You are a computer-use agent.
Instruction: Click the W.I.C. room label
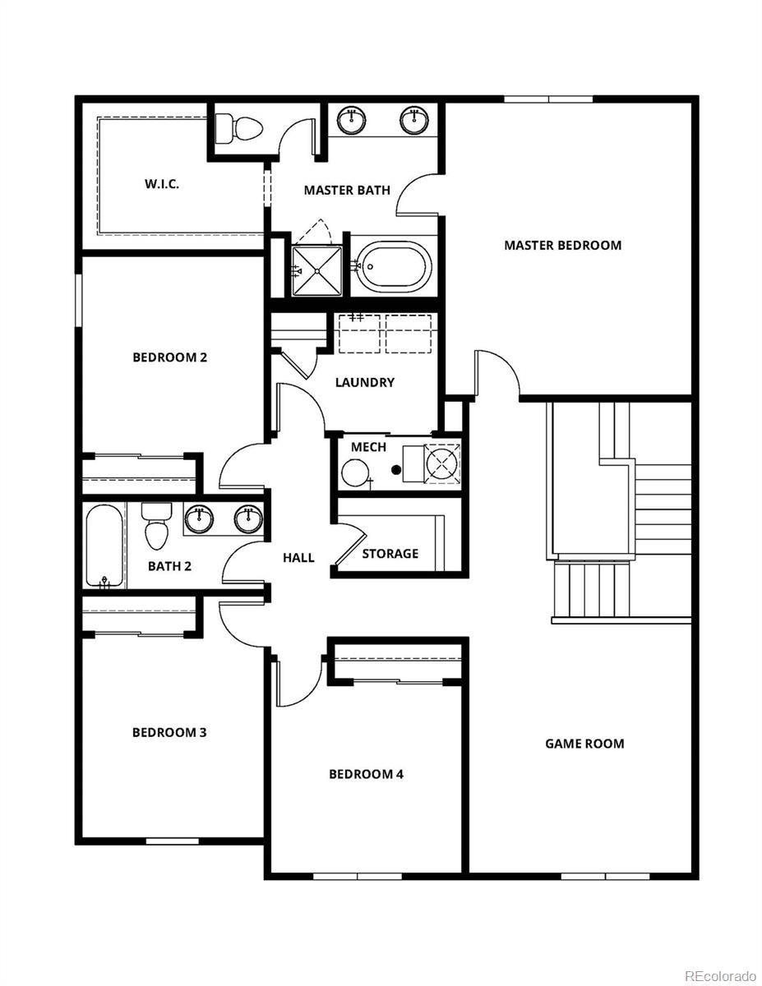tap(162, 184)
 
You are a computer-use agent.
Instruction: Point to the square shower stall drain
tap(317, 270)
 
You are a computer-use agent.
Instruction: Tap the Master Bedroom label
tap(562, 245)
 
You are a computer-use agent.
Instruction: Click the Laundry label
tap(365, 382)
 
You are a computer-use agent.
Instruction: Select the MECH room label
tap(368, 447)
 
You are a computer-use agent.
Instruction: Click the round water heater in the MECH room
tap(356, 473)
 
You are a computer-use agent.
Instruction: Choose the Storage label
tap(390, 554)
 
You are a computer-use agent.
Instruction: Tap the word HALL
tap(298, 558)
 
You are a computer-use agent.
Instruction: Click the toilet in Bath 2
tap(155, 525)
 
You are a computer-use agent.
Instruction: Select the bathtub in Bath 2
tap(104, 545)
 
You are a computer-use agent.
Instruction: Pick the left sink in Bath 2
tap(199, 518)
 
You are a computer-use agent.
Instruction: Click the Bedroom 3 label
tap(169, 732)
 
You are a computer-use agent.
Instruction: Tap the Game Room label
tap(584, 744)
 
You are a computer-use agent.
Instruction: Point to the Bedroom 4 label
tap(366, 774)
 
